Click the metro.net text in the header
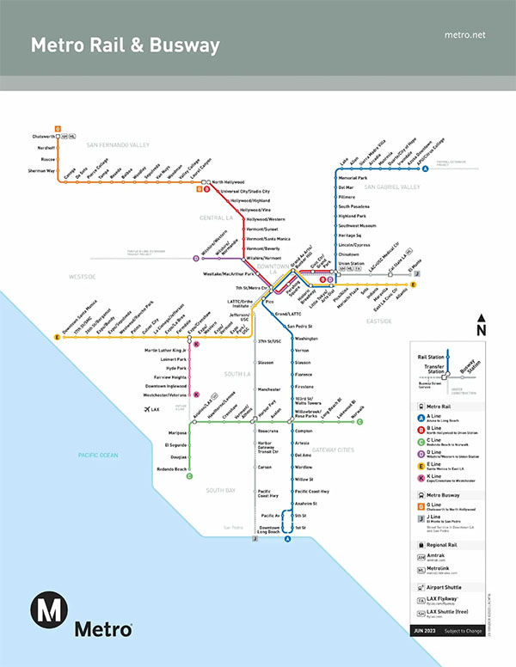click(x=466, y=34)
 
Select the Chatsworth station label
click(x=43, y=137)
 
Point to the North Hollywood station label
click(x=229, y=182)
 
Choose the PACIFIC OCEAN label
click(x=97, y=431)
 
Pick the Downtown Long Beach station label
click(x=269, y=529)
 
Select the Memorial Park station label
click(x=353, y=177)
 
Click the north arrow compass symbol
click(x=481, y=327)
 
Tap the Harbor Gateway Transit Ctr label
click(x=268, y=446)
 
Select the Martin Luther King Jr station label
click(x=166, y=351)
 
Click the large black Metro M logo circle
click(x=49, y=611)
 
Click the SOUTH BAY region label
click(x=220, y=490)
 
